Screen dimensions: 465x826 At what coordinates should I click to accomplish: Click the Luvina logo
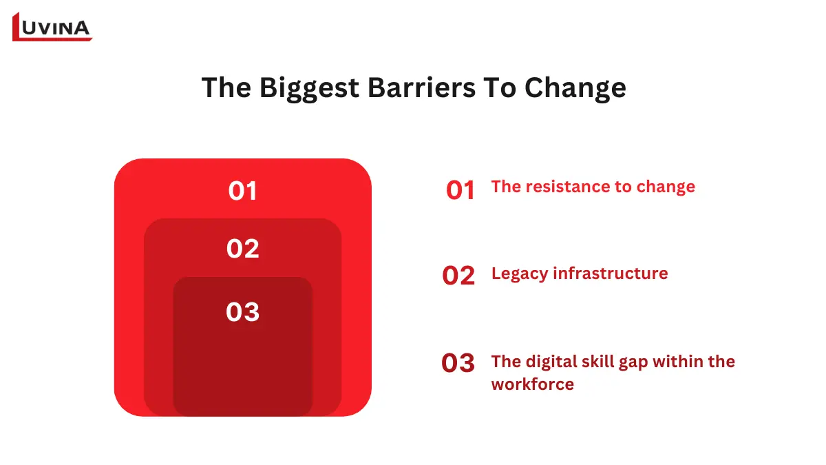pos(52,27)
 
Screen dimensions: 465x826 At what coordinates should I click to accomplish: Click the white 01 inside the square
pos(242,191)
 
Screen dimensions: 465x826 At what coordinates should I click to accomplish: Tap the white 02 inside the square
pos(242,249)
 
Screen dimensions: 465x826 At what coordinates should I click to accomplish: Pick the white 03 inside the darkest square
pos(242,312)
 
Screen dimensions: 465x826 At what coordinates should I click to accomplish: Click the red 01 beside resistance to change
pos(460,190)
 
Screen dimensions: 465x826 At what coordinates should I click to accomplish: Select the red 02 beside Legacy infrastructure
pos(458,276)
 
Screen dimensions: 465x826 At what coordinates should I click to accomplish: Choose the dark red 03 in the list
pos(458,363)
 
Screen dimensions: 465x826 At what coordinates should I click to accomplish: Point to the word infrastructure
pos(611,273)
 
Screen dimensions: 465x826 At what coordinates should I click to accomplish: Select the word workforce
pos(532,384)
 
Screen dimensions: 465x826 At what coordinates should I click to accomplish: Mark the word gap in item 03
pos(635,362)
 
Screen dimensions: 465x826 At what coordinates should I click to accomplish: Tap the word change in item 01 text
pos(666,187)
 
